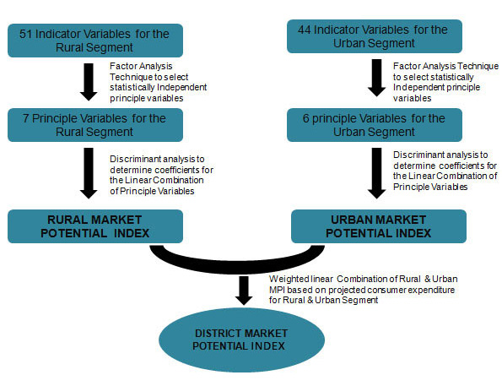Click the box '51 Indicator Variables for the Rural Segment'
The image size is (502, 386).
pyautogui.click(x=94, y=40)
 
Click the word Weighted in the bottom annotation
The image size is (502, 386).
pyautogui.click(x=289, y=278)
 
